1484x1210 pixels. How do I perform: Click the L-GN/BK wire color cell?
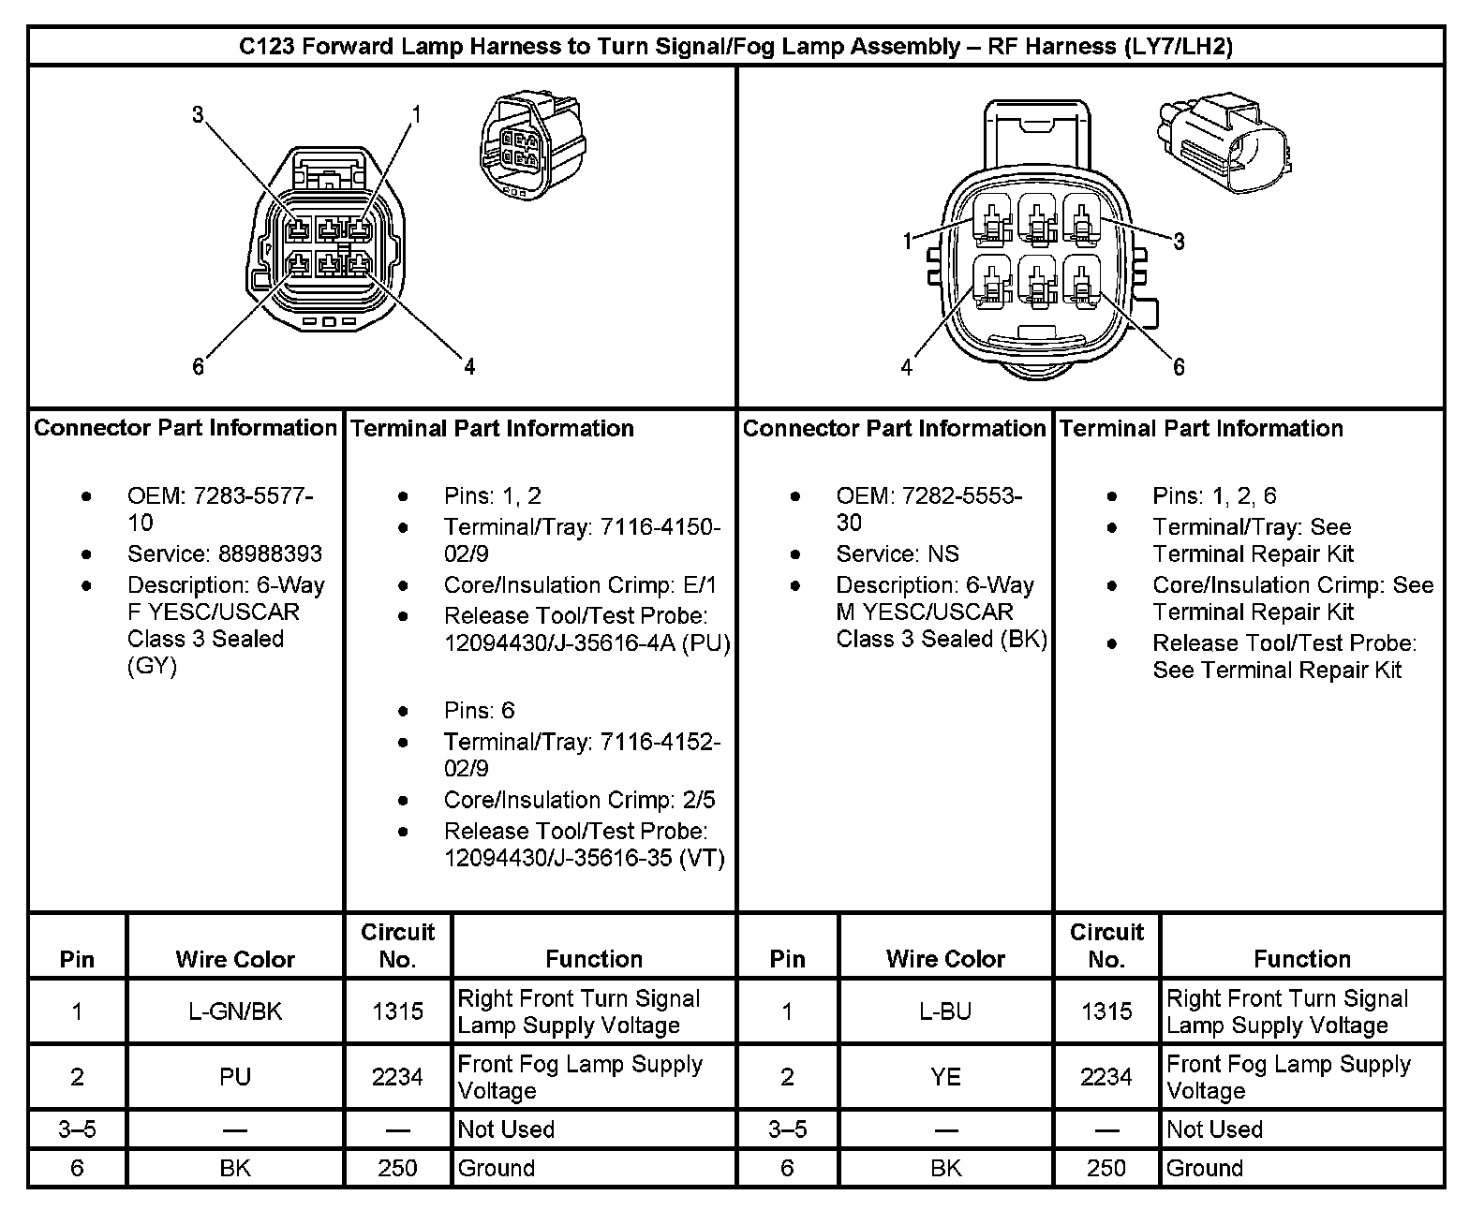coord(235,1011)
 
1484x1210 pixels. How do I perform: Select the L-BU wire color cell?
coord(945,1011)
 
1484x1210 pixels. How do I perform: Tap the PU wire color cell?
coord(235,1077)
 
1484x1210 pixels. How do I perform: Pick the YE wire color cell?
coord(945,1077)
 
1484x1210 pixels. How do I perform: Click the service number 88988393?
coord(224,553)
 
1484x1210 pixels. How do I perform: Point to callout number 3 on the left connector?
coord(198,115)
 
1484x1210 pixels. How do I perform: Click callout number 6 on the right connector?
coord(1179,367)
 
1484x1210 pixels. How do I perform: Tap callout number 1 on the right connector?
coord(907,242)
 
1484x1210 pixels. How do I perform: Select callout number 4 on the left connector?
coord(469,366)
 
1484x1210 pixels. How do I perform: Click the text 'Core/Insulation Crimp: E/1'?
coord(580,585)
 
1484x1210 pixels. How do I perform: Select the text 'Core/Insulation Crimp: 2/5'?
coord(579,800)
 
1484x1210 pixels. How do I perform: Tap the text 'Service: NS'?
coord(898,553)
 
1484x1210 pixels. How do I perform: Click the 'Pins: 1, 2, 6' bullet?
coord(1214,495)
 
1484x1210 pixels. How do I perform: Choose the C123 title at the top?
coord(735,47)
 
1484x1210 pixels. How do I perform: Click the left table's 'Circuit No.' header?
coord(397,946)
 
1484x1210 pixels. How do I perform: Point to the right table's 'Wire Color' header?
coord(945,959)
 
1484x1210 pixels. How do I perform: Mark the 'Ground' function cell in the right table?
coord(1205,1168)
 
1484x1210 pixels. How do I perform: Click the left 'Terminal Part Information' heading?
coord(492,429)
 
